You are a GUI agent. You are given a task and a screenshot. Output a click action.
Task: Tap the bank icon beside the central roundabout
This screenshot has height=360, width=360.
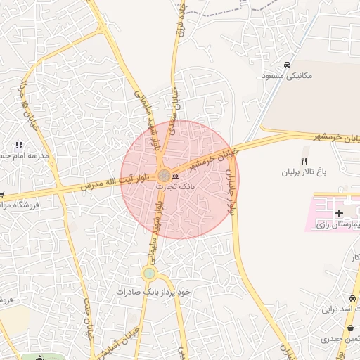175,174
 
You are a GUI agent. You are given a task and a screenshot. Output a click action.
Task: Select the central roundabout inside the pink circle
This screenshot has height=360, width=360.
163,174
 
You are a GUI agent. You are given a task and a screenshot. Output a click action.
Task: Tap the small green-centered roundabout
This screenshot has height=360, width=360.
149,272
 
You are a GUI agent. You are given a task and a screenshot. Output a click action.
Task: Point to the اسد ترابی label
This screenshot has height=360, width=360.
340,309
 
